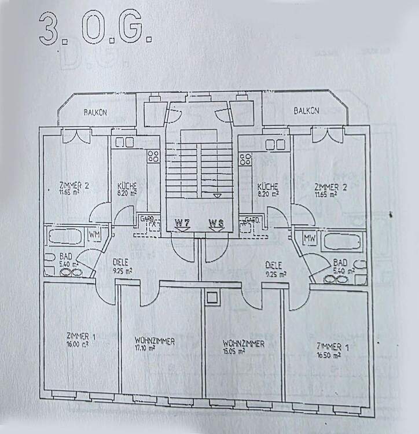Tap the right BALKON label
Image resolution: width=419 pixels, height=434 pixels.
coord(306,111)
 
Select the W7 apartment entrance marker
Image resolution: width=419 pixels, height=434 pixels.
coord(183,223)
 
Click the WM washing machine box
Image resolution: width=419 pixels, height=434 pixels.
coord(94,234)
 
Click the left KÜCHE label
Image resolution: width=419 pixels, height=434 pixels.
coord(127,186)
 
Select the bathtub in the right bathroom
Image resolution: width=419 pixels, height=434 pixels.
coord(344,241)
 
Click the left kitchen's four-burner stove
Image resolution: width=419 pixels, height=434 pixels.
coord(153,155)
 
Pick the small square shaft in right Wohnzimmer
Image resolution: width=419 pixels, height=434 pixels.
coord(212,297)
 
